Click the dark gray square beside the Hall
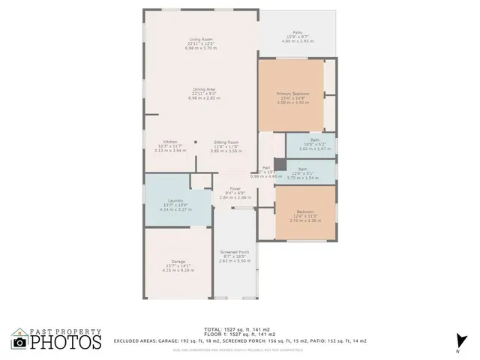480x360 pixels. pos(280,163)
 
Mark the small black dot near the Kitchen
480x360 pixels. pos(196,141)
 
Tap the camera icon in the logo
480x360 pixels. pos(20,343)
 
